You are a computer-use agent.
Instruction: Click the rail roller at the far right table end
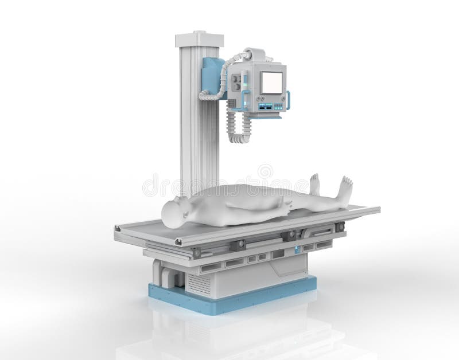point(340,227)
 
